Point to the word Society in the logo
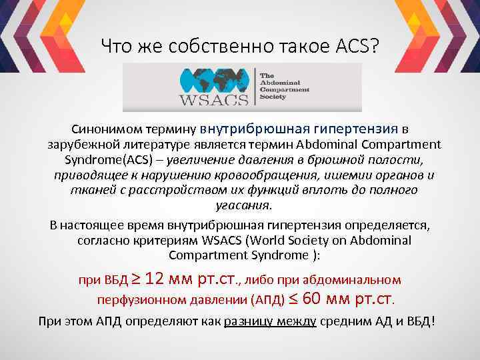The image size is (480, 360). (x=273, y=97)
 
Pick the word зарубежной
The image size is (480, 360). (x=83, y=145)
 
